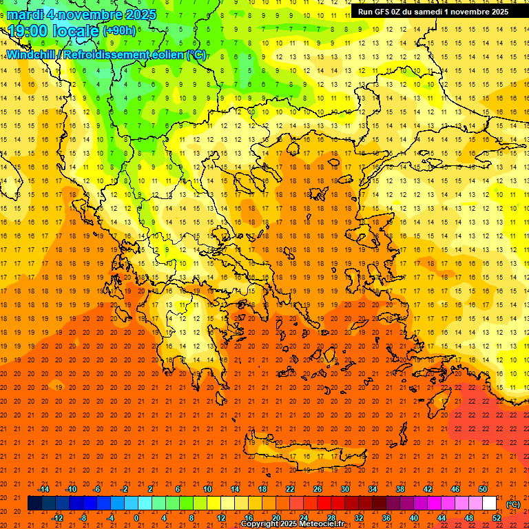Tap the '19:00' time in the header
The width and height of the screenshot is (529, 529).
(x=27, y=31)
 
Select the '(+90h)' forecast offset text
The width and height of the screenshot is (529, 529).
(x=119, y=31)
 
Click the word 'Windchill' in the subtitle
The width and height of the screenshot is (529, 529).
(x=33, y=54)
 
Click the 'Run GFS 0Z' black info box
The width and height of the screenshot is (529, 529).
(x=433, y=11)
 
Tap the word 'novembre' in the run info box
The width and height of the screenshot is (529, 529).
(x=468, y=11)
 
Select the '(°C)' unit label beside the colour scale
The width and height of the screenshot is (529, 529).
(x=513, y=504)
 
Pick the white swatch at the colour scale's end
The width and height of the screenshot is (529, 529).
(x=490, y=504)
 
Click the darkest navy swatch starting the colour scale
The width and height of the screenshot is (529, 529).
(x=34, y=504)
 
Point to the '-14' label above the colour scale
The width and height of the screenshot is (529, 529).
(x=44, y=488)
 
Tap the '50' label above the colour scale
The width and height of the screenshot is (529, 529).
(x=482, y=488)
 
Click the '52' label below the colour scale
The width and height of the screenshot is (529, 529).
(x=497, y=518)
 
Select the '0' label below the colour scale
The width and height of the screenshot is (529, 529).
(x=137, y=518)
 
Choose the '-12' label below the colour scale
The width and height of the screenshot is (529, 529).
(x=58, y=518)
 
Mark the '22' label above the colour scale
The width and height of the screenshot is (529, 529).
(x=290, y=488)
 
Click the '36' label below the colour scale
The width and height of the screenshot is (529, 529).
(x=386, y=518)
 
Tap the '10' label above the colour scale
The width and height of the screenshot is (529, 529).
(x=207, y=488)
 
